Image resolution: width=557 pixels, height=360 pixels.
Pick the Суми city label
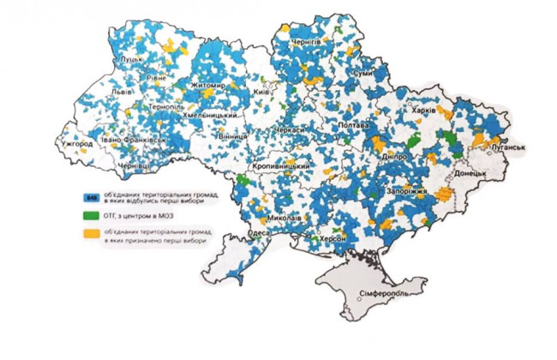pos(363,75)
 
